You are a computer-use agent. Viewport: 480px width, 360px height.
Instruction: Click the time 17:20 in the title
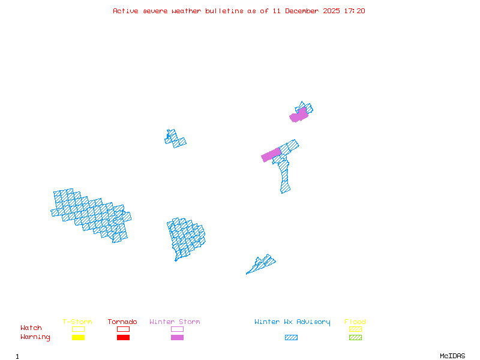[x=355, y=11]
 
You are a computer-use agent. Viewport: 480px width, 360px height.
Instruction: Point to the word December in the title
[x=303, y=11]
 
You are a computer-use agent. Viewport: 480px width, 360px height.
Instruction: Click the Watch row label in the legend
[x=31, y=328]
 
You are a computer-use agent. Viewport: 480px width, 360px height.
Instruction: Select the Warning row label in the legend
[x=35, y=337]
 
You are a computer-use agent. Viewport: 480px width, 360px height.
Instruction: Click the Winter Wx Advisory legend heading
[x=292, y=322]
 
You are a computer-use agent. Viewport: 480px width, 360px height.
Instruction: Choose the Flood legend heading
[x=355, y=322]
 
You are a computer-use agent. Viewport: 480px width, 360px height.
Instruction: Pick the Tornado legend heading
[x=122, y=322]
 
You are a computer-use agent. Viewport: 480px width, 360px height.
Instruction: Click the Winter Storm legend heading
[x=175, y=322]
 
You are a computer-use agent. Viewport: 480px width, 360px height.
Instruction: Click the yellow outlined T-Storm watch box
[x=78, y=329]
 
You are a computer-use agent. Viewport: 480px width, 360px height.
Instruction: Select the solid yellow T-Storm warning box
[x=78, y=338]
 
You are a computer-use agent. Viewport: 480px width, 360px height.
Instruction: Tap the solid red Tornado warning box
[x=123, y=338]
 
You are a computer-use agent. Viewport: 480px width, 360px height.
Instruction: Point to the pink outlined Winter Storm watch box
[x=177, y=329]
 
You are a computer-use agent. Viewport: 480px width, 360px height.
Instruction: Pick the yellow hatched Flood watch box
[x=355, y=329]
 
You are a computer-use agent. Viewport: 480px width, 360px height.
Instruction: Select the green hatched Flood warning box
[x=355, y=338]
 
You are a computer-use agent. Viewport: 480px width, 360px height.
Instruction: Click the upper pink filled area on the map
[x=299, y=115]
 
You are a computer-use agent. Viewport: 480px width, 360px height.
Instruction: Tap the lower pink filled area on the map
[x=271, y=155]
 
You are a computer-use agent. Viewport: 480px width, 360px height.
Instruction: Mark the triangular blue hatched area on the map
[x=262, y=264]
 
